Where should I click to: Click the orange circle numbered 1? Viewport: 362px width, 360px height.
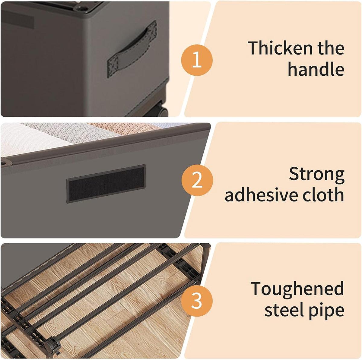tap(197, 61)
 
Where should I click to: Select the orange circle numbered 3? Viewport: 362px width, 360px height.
tap(197, 301)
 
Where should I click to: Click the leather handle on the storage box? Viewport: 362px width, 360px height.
tap(132, 49)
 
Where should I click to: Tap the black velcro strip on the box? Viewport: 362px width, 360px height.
tap(106, 184)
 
